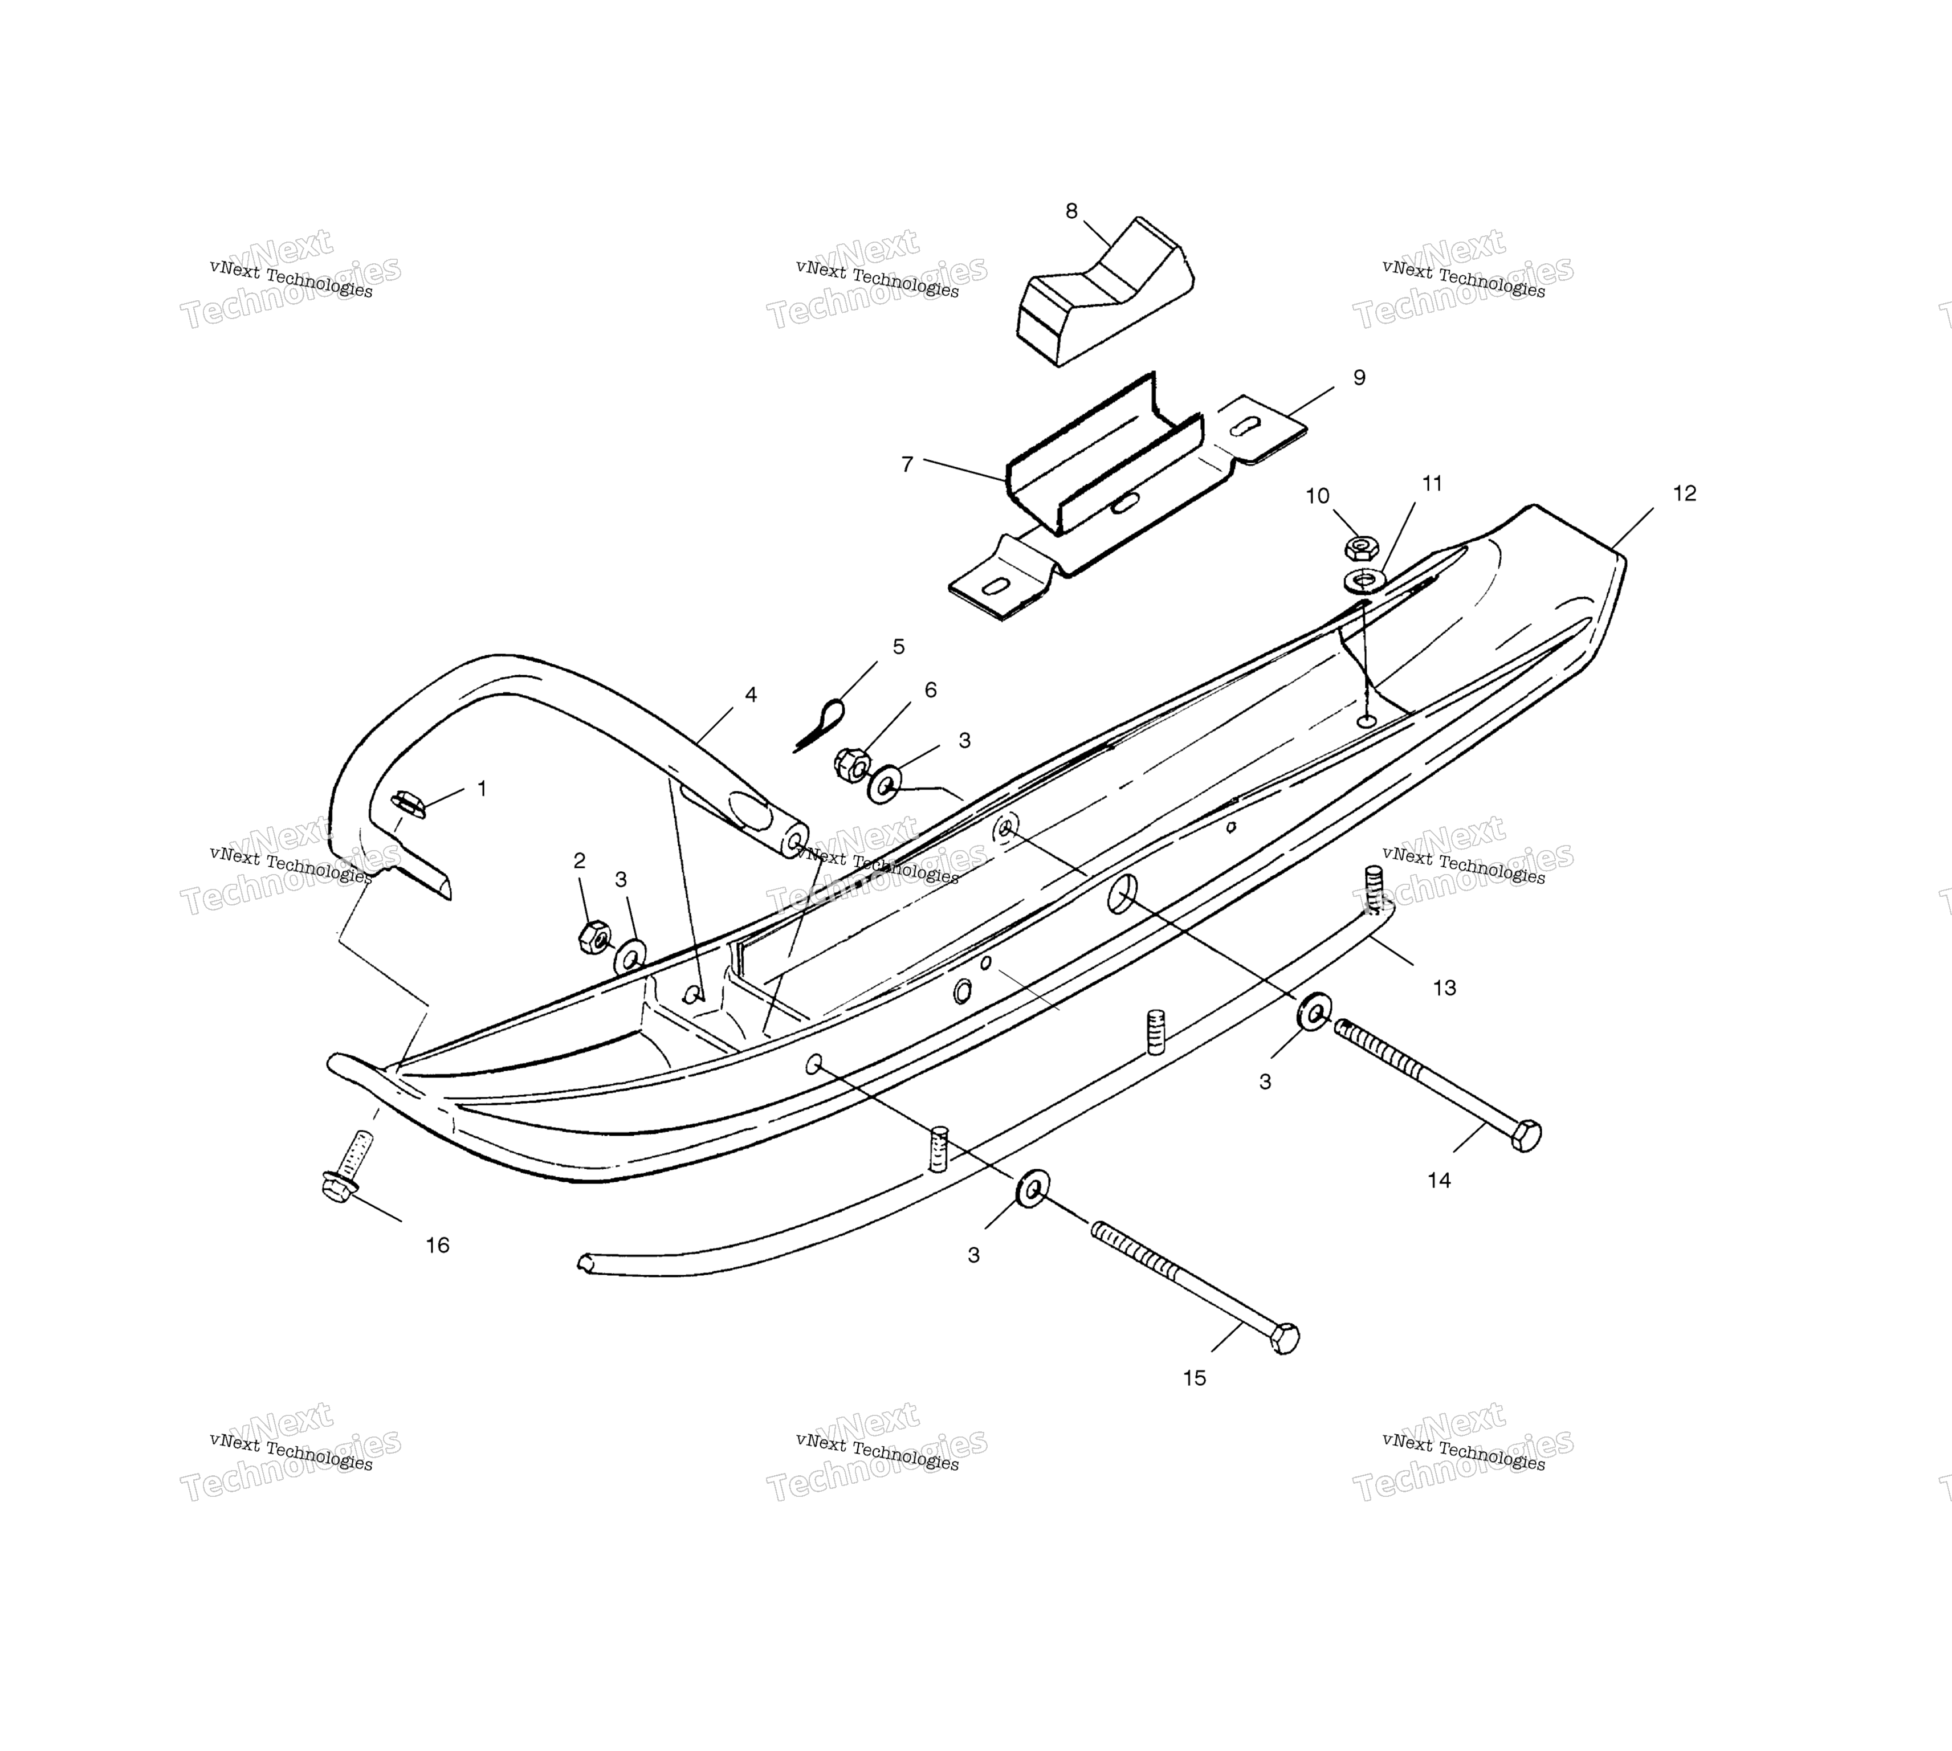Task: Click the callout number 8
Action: [x=1071, y=211]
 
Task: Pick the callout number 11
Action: [x=1432, y=484]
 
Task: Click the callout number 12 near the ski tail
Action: [x=1685, y=493]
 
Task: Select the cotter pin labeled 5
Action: [x=819, y=724]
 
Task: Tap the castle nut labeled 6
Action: [x=853, y=765]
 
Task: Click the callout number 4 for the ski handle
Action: [x=751, y=695]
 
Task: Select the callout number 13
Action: [x=1444, y=988]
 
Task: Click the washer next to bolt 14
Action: [x=1315, y=1011]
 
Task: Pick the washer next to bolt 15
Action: [x=1032, y=1190]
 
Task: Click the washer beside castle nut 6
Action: [x=885, y=784]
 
